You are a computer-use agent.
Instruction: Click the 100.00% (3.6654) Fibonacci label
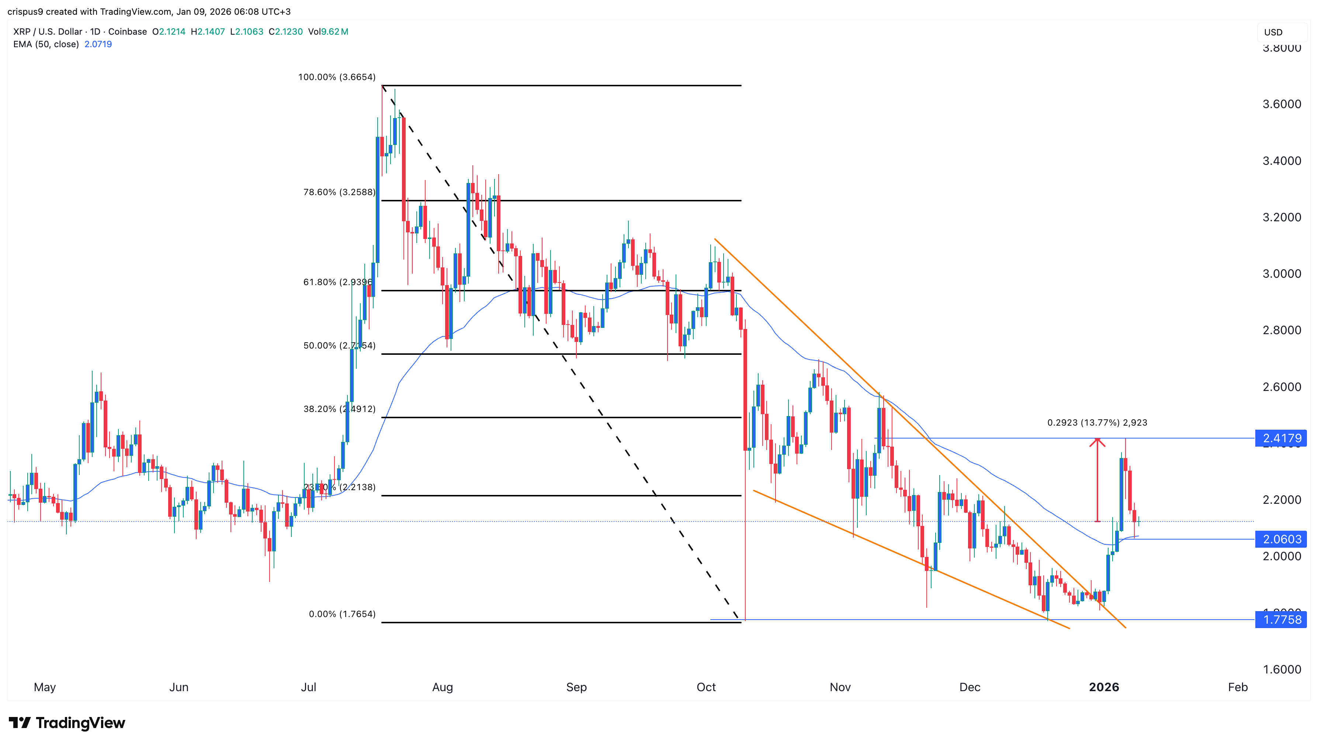click(337, 77)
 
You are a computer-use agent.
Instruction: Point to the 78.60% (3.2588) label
click(339, 193)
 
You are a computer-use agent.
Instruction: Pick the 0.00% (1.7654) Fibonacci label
click(342, 614)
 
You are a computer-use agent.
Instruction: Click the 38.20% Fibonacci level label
click(339, 409)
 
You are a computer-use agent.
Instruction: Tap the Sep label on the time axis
click(576, 687)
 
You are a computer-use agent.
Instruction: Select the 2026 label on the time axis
click(1104, 687)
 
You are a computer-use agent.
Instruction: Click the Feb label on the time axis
click(1237, 687)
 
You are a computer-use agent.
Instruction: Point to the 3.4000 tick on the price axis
click(1281, 161)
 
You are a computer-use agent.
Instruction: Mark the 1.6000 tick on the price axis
click(1281, 669)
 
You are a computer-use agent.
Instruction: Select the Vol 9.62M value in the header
click(328, 32)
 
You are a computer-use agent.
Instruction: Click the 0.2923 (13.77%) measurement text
click(1096, 423)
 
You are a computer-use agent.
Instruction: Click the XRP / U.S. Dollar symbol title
click(48, 32)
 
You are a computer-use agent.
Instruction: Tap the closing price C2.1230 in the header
click(285, 32)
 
